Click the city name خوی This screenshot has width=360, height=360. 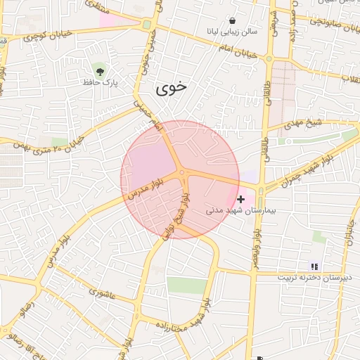click(x=170, y=89)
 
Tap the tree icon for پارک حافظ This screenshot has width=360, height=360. click(x=99, y=71)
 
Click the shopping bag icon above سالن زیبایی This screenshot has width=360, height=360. click(x=232, y=20)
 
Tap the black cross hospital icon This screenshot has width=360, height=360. click(x=241, y=200)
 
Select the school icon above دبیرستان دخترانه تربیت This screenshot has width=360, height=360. click(x=315, y=266)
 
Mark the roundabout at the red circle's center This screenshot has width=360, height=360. click(x=181, y=172)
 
